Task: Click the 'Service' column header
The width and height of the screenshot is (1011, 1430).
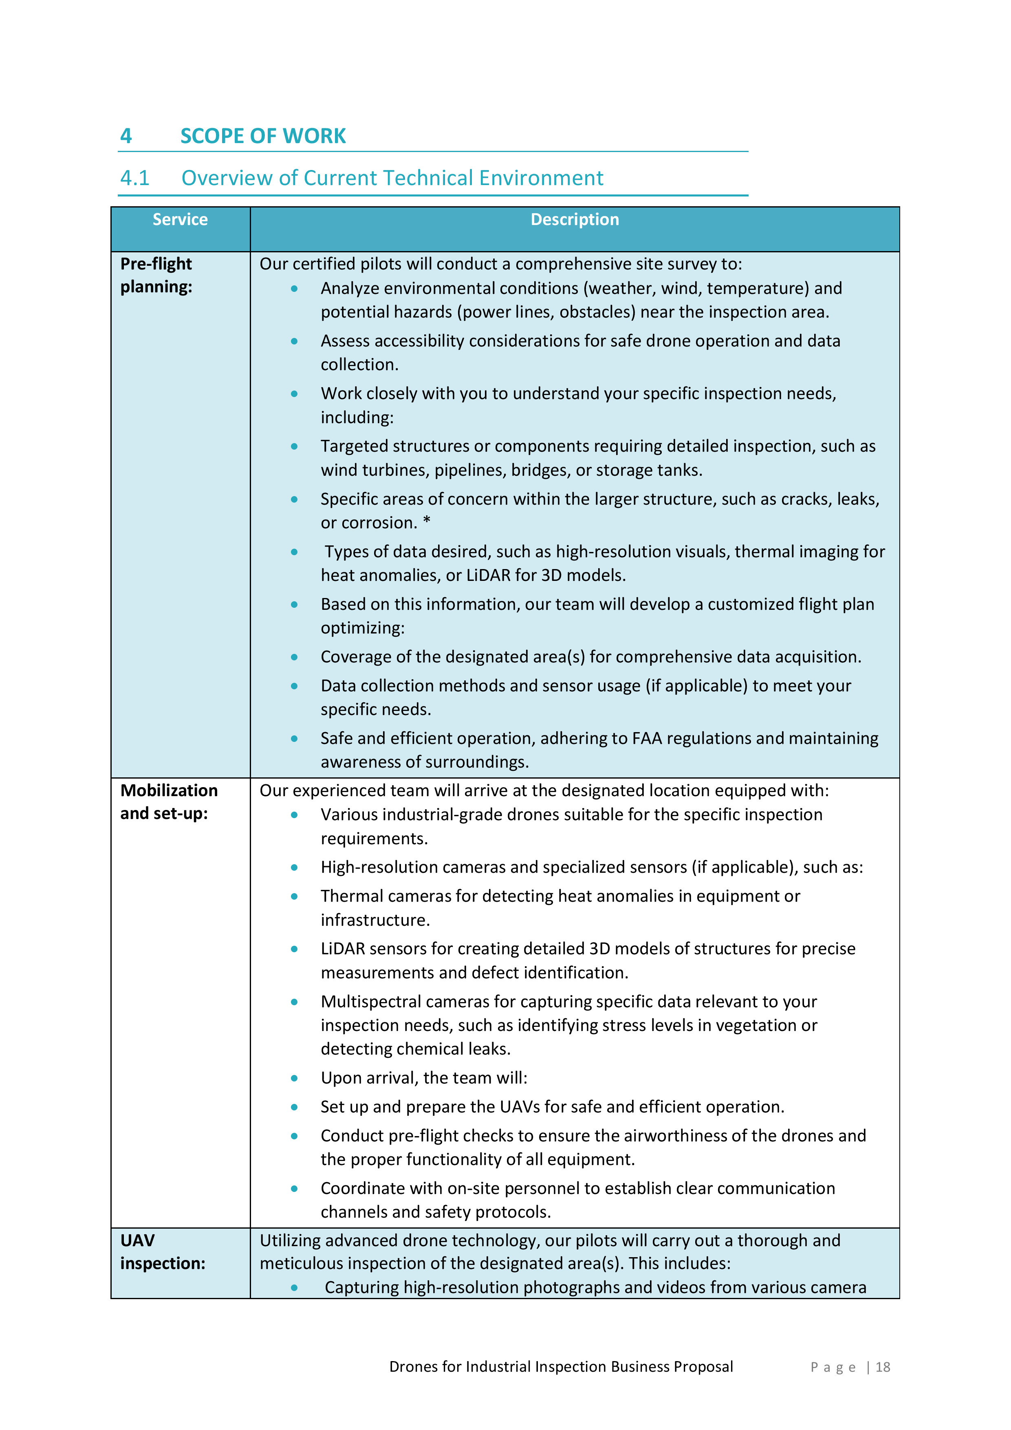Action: click(x=180, y=219)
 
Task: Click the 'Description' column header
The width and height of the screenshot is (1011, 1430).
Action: click(x=574, y=219)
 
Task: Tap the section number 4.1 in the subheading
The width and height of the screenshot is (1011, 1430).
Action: click(x=134, y=178)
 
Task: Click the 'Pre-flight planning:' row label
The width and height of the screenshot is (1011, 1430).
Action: click(x=156, y=275)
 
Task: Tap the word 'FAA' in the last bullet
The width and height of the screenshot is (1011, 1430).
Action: click(x=646, y=738)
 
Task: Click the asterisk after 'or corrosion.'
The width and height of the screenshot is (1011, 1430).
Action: click(x=426, y=521)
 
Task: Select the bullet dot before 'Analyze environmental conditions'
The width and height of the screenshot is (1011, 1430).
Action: click(x=294, y=288)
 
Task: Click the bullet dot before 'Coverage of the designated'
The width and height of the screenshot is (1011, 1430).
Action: click(x=294, y=657)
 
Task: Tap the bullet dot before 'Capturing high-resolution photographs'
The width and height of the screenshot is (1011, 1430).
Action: click(x=294, y=1287)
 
